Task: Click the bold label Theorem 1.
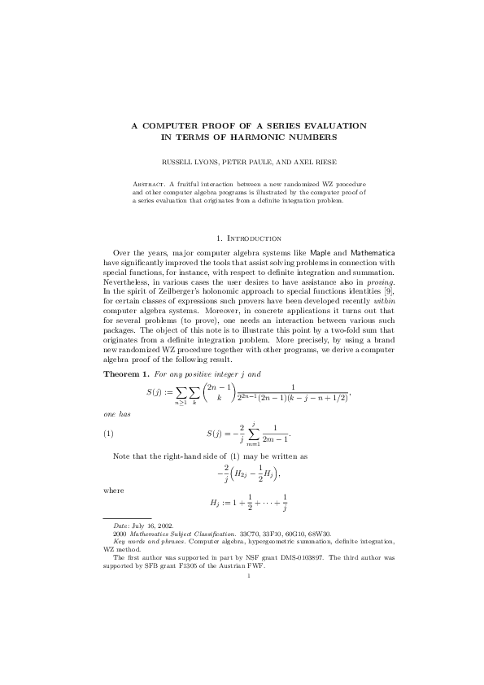(126, 374)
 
